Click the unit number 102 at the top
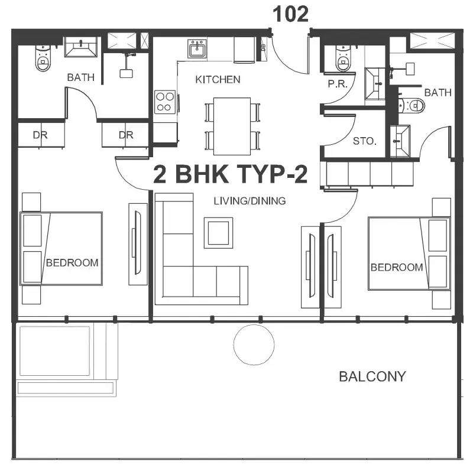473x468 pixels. click(290, 14)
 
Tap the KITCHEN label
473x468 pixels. click(218, 80)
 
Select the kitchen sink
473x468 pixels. click(197, 48)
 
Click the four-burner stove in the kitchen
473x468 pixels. click(165, 102)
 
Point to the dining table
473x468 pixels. click(232, 126)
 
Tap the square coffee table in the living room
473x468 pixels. click(218, 233)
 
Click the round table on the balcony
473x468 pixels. click(254, 345)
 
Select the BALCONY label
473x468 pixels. click(372, 376)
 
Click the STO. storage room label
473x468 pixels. click(365, 141)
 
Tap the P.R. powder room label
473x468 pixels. click(338, 84)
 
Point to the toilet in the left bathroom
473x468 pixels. click(43, 58)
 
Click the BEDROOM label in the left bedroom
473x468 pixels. click(72, 262)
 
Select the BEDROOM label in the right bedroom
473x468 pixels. click(397, 267)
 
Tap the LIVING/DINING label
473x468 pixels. click(250, 201)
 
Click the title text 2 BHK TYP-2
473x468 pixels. click(231, 174)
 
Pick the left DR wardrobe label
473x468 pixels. click(40, 135)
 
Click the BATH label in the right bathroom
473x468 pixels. click(438, 93)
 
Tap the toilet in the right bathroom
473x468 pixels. click(412, 106)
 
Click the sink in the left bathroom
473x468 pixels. click(81, 47)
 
